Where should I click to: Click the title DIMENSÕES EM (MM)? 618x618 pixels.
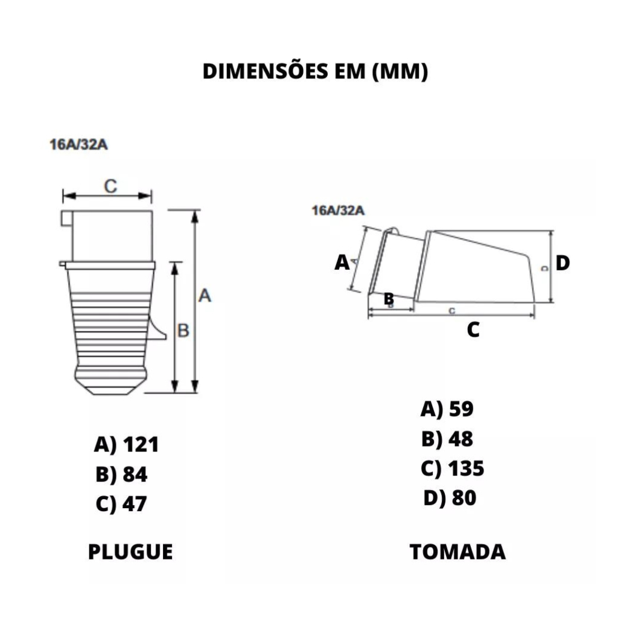click(315, 71)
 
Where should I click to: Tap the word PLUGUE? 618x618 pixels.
click(130, 552)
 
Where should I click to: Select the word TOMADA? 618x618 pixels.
click(457, 552)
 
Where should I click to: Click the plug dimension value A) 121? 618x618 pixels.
click(127, 445)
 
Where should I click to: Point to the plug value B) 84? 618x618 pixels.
click(121, 474)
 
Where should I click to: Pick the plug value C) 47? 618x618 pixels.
click(121, 504)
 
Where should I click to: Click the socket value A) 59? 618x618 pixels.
click(447, 409)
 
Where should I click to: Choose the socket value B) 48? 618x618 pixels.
click(447, 439)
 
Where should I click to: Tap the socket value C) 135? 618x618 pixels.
click(453, 468)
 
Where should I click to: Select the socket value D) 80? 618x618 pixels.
click(450, 498)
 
